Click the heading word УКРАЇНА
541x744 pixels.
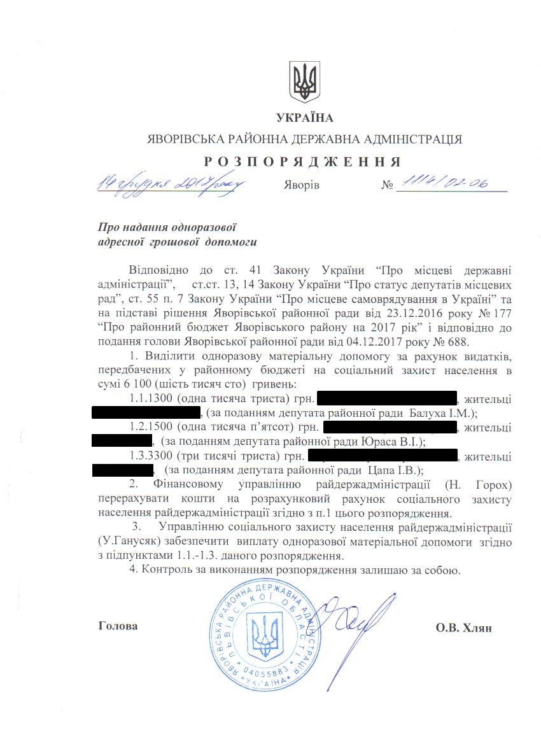pos(304,118)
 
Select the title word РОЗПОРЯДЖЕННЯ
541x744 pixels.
pos(304,160)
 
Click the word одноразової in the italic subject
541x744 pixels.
pos(208,227)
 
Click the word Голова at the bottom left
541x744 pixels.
pos(118,626)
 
